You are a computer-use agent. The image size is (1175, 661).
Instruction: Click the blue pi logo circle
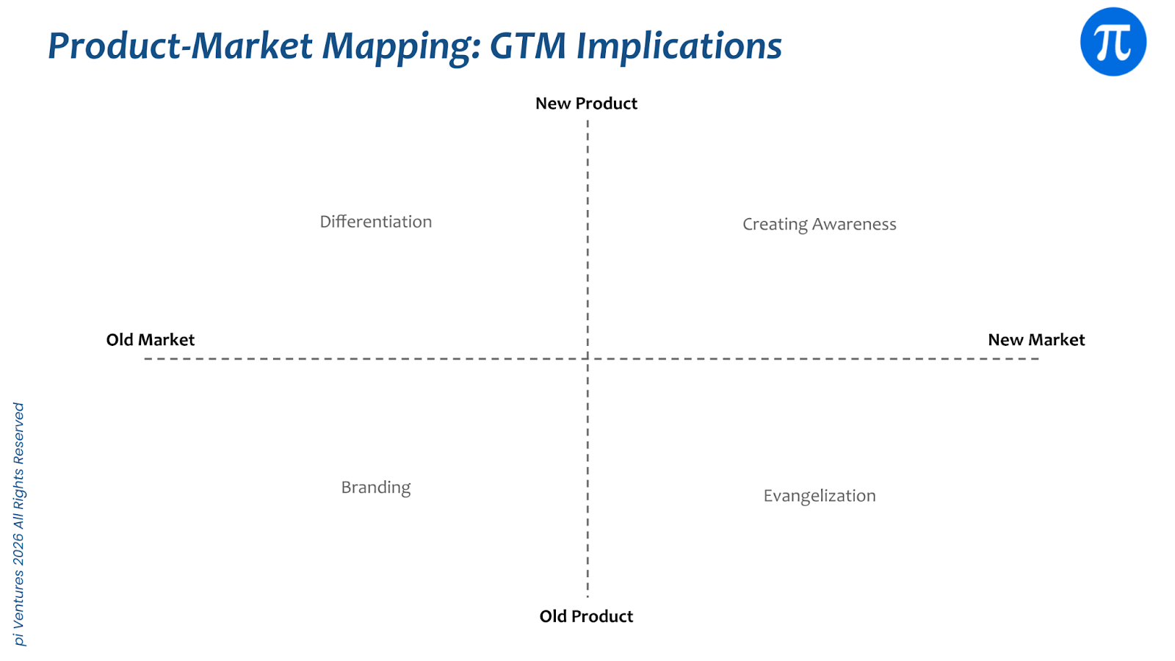click(x=1113, y=42)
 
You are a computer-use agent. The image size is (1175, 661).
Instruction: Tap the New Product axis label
click(x=586, y=104)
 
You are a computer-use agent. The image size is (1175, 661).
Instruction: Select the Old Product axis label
click(x=586, y=616)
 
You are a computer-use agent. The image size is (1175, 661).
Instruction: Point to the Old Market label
click(x=151, y=340)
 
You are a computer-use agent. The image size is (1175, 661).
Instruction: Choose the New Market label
click(x=1036, y=340)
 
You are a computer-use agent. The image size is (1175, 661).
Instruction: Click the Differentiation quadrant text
click(x=376, y=222)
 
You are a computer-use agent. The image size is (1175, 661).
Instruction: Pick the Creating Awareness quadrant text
click(x=820, y=224)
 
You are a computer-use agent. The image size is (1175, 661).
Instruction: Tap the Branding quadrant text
click(x=376, y=488)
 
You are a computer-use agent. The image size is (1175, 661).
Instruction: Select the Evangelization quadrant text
click(x=820, y=496)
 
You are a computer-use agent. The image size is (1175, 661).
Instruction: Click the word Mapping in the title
click(x=401, y=46)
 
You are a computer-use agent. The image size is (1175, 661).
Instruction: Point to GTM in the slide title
click(x=528, y=46)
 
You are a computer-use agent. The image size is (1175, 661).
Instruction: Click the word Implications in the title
click(x=679, y=46)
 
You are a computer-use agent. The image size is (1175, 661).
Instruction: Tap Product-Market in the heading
click(x=181, y=46)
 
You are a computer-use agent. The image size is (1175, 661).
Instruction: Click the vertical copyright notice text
click(x=19, y=524)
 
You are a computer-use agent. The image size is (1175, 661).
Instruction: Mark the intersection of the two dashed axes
click(x=587, y=358)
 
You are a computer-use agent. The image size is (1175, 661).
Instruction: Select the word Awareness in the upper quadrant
click(x=854, y=224)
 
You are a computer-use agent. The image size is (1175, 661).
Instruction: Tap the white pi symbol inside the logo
click(x=1113, y=43)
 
